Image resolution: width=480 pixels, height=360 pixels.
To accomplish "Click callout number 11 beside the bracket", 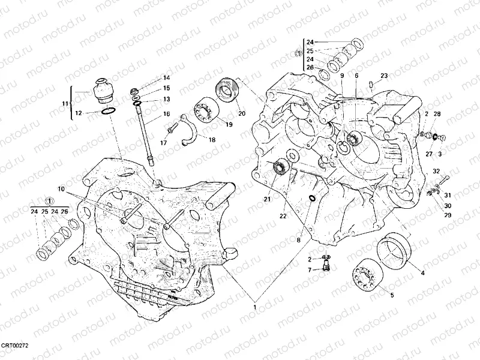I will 65,104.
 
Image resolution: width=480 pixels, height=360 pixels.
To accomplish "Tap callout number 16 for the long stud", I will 166,113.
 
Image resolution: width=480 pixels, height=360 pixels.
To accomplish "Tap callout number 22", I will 283,216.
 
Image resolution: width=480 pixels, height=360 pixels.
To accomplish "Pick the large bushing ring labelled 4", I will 393,247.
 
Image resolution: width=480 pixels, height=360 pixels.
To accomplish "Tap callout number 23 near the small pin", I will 384,76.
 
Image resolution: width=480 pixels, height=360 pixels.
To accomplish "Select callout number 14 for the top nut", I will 166,78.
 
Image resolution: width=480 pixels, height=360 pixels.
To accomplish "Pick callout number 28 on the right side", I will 437,114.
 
